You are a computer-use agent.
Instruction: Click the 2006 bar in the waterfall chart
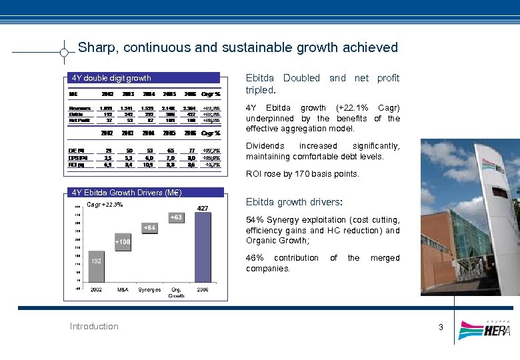click(x=202, y=250)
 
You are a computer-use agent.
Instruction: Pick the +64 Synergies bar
click(x=149, y=228)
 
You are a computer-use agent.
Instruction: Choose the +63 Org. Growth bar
click(x=175, y=217)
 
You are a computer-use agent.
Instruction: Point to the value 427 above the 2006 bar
click(x=202, y=209)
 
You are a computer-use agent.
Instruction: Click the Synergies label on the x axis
click(x=149, y=290)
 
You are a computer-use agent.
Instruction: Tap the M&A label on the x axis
click(x=123, y=290)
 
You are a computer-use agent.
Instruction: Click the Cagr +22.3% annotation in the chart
click(x=105, y=204)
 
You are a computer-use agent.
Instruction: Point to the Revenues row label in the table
click(x=80, y=108)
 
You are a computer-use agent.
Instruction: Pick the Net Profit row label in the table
click(x=80, y=120)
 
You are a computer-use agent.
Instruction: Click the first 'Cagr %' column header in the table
click(x=211, y=94)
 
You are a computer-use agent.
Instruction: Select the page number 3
click(x=441, y=327)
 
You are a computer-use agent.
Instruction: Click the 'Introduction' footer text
click(x=94, y=326)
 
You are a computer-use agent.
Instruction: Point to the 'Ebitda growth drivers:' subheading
click(x=294, y=202)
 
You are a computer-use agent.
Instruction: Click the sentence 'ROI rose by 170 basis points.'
click(x=302, y=174)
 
